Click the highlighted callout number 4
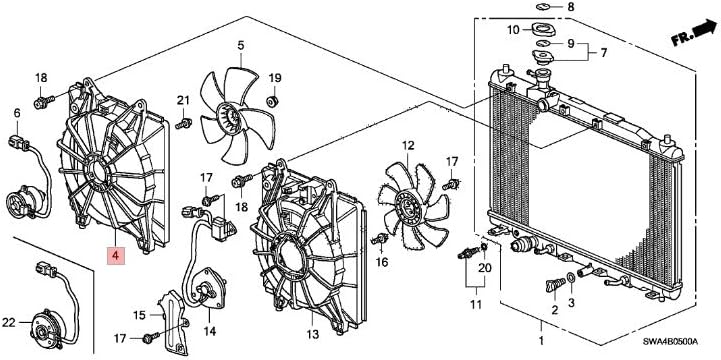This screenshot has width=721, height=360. point(117,257)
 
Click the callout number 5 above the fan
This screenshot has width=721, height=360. point(240,45)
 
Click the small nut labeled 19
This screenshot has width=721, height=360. point(275,102)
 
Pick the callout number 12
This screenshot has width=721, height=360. point(408,147)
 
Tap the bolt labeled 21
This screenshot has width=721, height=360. point(185,124)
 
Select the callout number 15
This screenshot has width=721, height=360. point(142,315)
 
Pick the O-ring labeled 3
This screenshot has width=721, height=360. point(570,278)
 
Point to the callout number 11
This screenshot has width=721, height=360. point(477,304)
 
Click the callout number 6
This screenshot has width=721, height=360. point(17,113)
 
